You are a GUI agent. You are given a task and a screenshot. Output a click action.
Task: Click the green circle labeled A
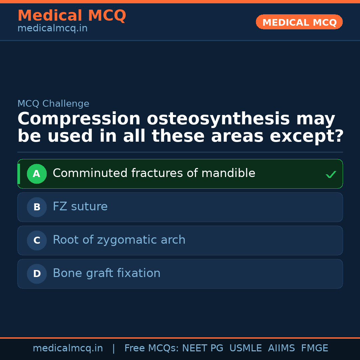click(x=37, y=174)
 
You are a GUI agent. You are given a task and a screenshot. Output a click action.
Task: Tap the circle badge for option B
click(x=37, y=207)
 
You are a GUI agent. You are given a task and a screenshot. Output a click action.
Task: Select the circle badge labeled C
click(x=37, y=240)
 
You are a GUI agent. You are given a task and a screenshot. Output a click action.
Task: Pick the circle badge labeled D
click(x=37, y=274)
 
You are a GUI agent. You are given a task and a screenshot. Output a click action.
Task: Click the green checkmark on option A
click(x=331, y=174)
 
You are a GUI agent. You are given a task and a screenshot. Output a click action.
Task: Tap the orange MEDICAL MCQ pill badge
click(x=299, y=22)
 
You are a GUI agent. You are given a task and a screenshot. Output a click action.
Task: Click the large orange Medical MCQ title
click(x=72, y=16)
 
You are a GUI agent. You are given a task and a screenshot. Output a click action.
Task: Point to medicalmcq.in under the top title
click(x=52, y=29)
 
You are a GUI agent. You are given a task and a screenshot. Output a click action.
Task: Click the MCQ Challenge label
click(x=53, y=104)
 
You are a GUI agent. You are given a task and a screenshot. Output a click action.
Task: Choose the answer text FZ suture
click(x=80, y=207)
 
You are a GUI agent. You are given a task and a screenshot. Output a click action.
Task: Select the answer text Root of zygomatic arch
click(x=119, y=240)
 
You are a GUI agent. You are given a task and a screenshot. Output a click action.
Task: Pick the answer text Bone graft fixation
click(x=106, y=273)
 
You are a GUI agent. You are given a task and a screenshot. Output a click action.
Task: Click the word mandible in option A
click(x=228, y=173)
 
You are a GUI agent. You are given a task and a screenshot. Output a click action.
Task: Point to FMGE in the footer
click(x=314, y=348)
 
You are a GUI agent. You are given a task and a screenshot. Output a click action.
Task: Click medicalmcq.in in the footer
click(x=68, y=348)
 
